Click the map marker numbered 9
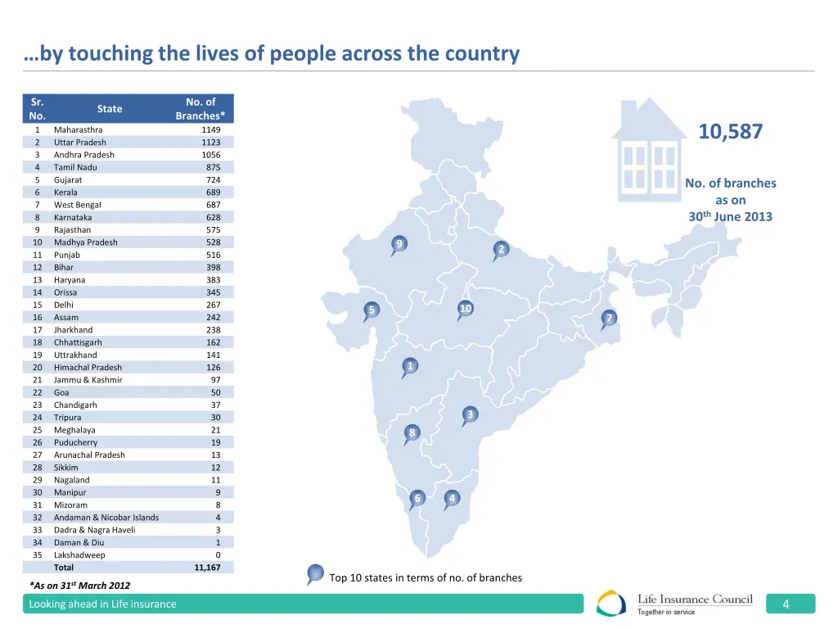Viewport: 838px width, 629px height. click(399, 244)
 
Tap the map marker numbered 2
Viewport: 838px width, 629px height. click(501, 249)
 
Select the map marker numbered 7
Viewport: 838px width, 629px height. click(608, 319)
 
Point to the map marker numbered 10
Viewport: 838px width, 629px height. click(465, 309)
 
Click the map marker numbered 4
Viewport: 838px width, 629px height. click(452, 498)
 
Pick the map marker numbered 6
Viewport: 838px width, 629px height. click(417, 499)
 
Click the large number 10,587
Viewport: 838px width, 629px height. click(730, 132)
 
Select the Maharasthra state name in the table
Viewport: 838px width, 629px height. click(79, 129)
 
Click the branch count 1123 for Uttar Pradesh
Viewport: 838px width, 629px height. click(210, 143)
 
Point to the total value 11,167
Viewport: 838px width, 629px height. click(207, 568)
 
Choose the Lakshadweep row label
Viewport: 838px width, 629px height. click(79, 555)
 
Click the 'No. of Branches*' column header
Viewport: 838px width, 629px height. click(200, 108)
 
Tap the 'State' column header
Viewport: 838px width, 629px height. click(109, 108)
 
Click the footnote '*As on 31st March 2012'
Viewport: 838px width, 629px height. click(79, 585)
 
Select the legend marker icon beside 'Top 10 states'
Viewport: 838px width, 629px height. click(315, 574)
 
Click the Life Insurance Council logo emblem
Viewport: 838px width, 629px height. click(611, 604)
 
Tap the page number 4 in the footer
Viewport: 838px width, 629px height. click(786, 604)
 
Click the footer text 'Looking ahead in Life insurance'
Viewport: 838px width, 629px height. click(102, 604)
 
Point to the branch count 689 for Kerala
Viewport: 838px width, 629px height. click(213, 192)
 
